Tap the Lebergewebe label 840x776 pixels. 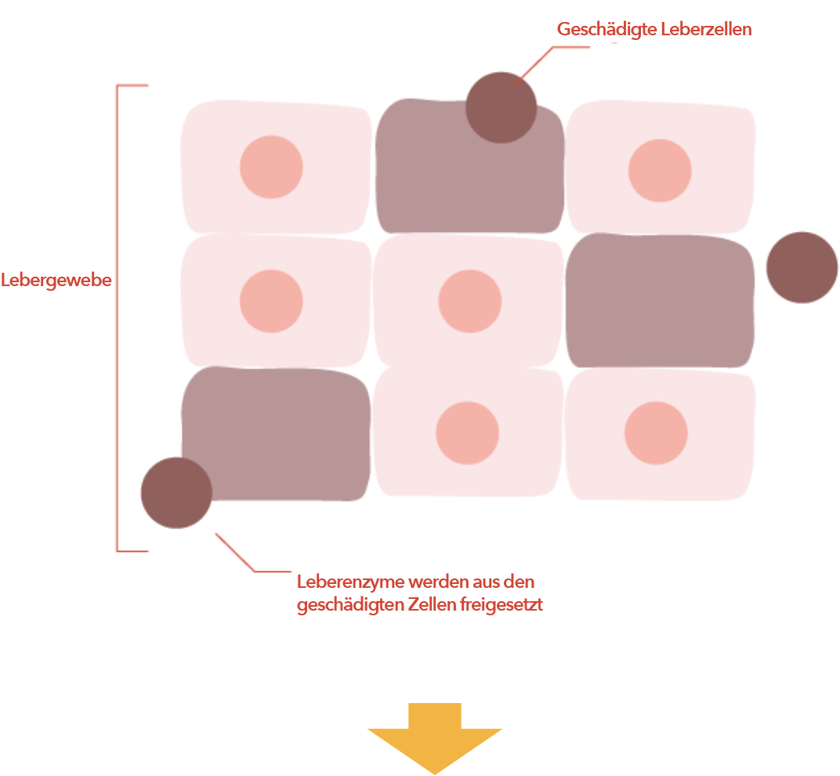pos(56,280)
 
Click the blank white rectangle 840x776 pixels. pos(681,633)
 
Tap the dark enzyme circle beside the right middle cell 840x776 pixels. pos(802,267)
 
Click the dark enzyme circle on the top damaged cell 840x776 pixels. pos(501,107)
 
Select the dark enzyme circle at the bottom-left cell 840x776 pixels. pos(176,493)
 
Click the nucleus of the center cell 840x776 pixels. pos(469,301)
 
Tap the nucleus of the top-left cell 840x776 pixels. pos(271,167)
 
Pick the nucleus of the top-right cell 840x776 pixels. pos(660,170)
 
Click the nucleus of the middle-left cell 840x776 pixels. pos(271,301)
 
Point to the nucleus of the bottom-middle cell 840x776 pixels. pos(467,434)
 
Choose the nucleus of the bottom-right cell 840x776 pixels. pos(657,433)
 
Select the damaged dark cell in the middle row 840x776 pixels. pos(659,302)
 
